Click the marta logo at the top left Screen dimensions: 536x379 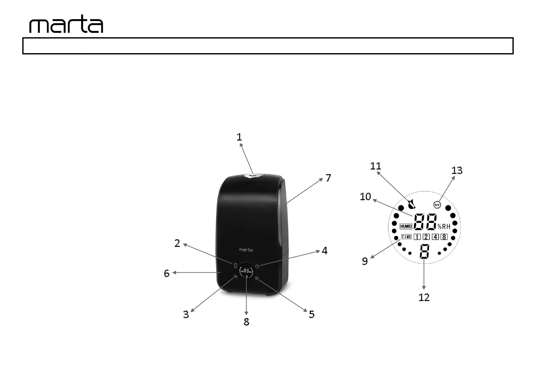tap(66, 24)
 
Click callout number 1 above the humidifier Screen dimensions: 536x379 tap(239, 137)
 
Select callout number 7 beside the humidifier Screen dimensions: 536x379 tap(328, 178)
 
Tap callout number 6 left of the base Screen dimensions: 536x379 tap(166, 273)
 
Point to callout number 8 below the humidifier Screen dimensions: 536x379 tap(246, 322)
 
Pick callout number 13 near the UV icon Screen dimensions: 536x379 tap(457, 171)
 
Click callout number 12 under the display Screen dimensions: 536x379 tap(424, 297)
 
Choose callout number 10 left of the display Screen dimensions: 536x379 tap(365, 197)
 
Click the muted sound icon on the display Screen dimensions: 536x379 tap(412, 204)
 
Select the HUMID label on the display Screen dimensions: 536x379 tap(406, 226)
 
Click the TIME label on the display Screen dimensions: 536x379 tap(406, 237)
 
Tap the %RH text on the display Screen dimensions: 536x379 tap(444, 227)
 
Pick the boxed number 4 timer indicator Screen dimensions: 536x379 tap(435, 237)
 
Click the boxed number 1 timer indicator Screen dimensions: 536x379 tap(417, 237)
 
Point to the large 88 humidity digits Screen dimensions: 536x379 tap(425, 221)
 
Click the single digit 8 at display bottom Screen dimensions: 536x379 tap(424, 251)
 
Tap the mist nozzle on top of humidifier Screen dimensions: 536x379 tap(254, 175)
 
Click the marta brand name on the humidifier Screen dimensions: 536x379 tap(246, 250)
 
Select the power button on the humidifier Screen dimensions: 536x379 tap(235, 265)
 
